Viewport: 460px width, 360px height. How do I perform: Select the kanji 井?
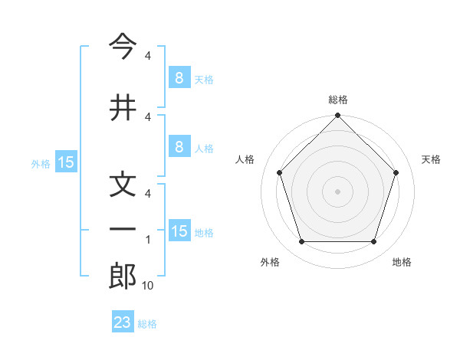[123, 107]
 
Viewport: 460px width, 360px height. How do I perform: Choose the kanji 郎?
[123, 277]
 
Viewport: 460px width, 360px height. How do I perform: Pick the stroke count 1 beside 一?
[148, 240]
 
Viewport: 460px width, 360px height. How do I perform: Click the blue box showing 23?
[123, 322]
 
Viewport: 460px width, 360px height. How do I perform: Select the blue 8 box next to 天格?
[179, 77]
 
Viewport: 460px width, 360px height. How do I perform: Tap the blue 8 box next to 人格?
[179, 148]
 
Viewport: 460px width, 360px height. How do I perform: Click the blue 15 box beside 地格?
[179, 231]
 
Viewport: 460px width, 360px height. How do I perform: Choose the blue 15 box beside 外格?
[66, 162]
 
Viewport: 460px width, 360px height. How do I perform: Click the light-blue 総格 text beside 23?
[148, 324]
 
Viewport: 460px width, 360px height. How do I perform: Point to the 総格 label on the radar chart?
[337, 100]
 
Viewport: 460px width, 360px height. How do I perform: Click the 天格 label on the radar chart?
[432, 159]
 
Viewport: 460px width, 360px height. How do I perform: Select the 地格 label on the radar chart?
[402, 262]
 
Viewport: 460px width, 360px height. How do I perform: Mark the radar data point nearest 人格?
[279, 172]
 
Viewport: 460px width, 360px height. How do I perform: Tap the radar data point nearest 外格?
[301, 242]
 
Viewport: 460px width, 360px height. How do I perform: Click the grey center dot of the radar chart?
[337, 191]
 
